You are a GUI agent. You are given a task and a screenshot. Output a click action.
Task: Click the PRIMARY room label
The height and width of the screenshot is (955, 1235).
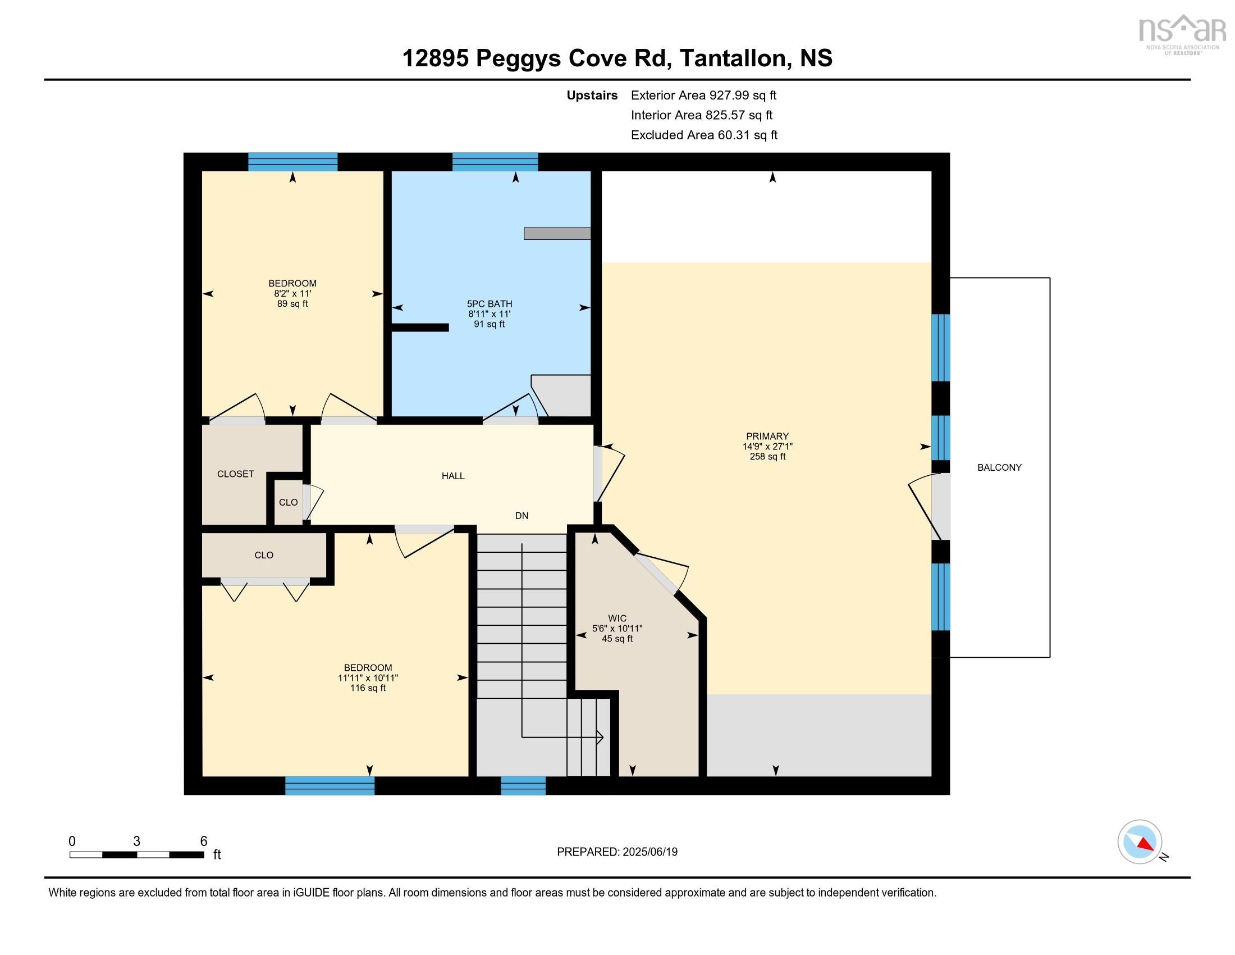click(767, 436)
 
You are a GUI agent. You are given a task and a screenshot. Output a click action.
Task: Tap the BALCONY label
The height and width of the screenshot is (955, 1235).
click(999, 467)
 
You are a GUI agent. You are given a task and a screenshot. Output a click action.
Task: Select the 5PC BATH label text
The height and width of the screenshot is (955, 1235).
click(489, 304)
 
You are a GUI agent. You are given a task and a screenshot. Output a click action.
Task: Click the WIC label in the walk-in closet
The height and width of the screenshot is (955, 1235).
click(617, 619)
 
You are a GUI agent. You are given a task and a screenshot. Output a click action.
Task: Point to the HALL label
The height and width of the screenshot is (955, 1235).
click(453, 476)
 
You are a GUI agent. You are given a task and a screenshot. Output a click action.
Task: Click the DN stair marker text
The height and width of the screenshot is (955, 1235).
click(522, 515)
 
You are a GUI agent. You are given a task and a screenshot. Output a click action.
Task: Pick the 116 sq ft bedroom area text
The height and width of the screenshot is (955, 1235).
click(368, 688)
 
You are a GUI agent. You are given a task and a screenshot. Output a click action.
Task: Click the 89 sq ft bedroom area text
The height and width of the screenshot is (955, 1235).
click(292, 304)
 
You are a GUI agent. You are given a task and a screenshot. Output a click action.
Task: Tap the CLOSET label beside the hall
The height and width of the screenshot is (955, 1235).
click(235, 474)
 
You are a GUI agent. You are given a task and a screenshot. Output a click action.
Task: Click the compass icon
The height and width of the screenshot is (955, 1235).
click(1140, 842)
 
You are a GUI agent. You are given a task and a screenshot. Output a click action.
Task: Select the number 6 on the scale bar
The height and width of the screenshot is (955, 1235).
click(204, 841)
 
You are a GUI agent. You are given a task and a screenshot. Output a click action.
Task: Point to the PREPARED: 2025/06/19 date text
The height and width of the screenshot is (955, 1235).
click(617, 852)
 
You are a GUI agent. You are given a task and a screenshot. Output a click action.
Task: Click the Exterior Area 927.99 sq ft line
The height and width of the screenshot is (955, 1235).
click(703, 95)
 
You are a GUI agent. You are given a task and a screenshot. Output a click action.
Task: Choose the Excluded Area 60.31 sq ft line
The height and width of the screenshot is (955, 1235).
click(704, 135)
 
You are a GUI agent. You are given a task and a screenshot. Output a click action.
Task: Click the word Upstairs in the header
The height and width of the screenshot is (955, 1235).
click(592, 95)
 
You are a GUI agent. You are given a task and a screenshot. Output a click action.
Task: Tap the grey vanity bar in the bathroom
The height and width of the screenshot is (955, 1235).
click(557, 233)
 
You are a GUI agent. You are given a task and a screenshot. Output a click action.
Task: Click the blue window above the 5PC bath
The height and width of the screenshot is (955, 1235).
click(495, 162)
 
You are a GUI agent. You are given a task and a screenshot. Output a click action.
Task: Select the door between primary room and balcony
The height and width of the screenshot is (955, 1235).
click(940, 507)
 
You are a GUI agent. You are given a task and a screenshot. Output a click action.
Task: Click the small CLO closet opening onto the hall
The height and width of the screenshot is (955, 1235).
click(288, 502)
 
